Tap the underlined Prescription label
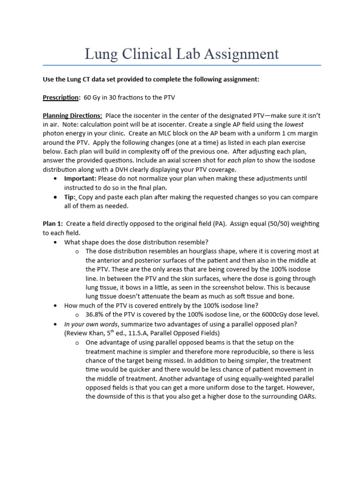(x=61, y=97)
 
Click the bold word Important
(x=80, y=178)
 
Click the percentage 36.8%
(x=95, y=315)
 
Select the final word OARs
(x=306, y=397)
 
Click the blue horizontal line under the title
(x=182, y=65)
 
